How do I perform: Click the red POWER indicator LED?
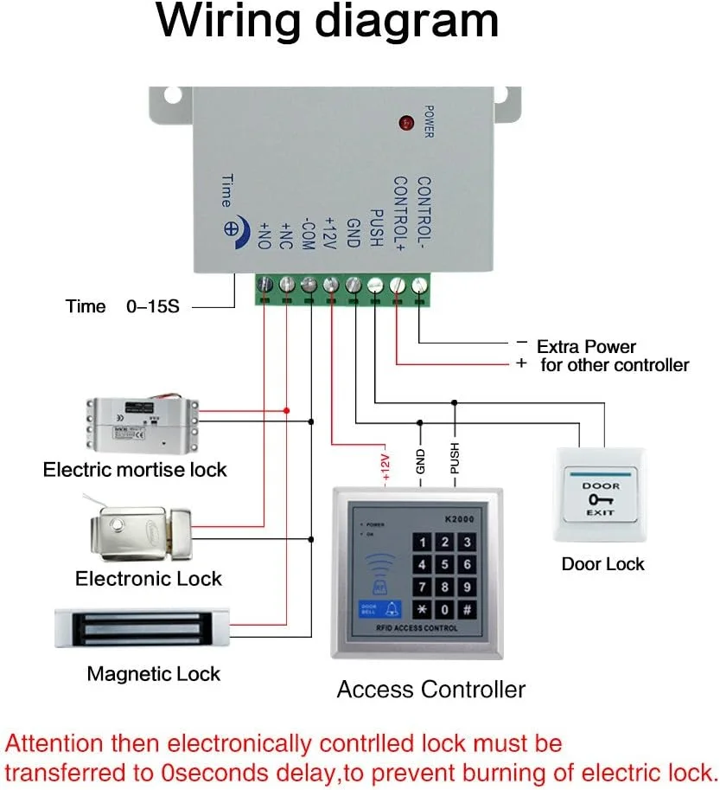[405, 124]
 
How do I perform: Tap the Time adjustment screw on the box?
[232, 229]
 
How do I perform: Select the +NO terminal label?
[264, 234]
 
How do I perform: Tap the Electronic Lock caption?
[149, 579]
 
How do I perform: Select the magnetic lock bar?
[143, 627]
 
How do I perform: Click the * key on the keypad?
[422, 609]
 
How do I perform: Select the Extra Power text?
[586, 346]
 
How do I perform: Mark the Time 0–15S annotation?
[122, 306]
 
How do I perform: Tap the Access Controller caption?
[430, 690]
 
